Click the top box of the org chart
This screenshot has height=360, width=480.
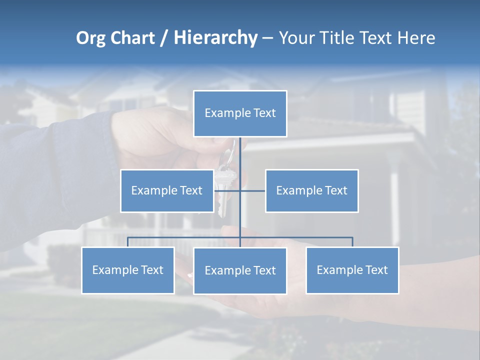[x=240, y=113]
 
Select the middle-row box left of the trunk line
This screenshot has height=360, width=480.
[x=167, y=190]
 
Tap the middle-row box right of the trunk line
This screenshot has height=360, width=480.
[x=311, y=190]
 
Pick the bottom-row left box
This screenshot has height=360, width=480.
[x=127, y=270]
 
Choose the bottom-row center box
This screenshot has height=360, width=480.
[x=240, y=270]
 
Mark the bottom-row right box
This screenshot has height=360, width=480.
[x=352, y=270]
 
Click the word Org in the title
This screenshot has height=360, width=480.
[x=90, y=38]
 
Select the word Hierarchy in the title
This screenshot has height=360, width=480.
[x=215, y=38]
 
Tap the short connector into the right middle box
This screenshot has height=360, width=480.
[x=253, y=190]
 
